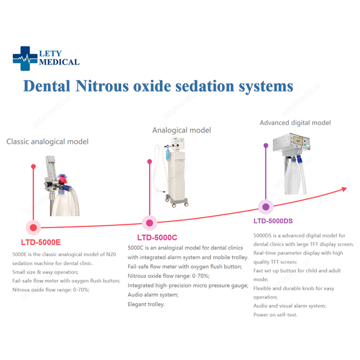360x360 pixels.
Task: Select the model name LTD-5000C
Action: [x=157, y=237]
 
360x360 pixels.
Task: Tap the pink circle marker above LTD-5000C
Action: [x=149, y=222]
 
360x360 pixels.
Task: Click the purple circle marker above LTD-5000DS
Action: [x=265, y=207]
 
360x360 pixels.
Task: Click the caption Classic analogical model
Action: [x=47, y=142]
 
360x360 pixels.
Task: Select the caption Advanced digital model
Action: [x=295, y=122]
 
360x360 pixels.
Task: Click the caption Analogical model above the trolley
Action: [x=181, y=130]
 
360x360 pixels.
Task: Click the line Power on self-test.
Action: [x=275, y=315]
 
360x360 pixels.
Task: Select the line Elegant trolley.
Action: [x=146, y=304]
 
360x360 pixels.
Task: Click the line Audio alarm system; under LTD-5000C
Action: [x=153, y=295]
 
